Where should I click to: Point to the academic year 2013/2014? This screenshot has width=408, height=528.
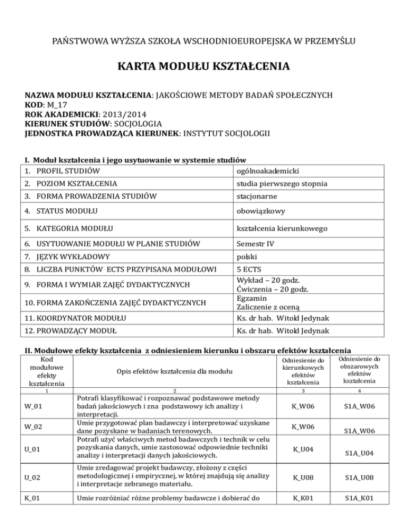pyautogui.click(x=131, y=114)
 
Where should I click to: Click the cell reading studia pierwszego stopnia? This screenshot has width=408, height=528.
pyautogui.click(x=282, y=184)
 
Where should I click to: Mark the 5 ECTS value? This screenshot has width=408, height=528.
pyautogui.click(x=251, y=270)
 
